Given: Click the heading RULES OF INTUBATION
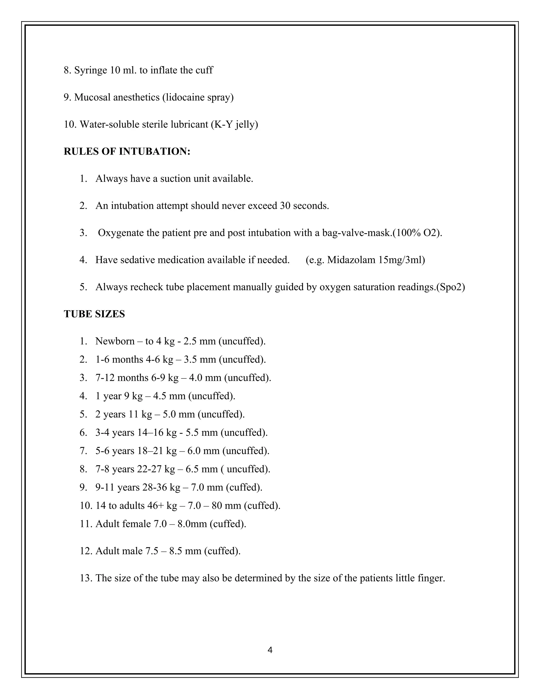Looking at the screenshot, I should point(127,151).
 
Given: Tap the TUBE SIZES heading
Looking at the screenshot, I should point(94,314).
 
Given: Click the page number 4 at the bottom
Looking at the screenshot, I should point(270,650).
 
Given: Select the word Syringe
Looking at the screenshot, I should point(90,70).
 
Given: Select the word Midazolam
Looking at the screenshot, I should point(351,260).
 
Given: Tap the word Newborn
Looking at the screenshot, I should point(115,341).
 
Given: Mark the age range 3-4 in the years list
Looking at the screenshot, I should point(102,432).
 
